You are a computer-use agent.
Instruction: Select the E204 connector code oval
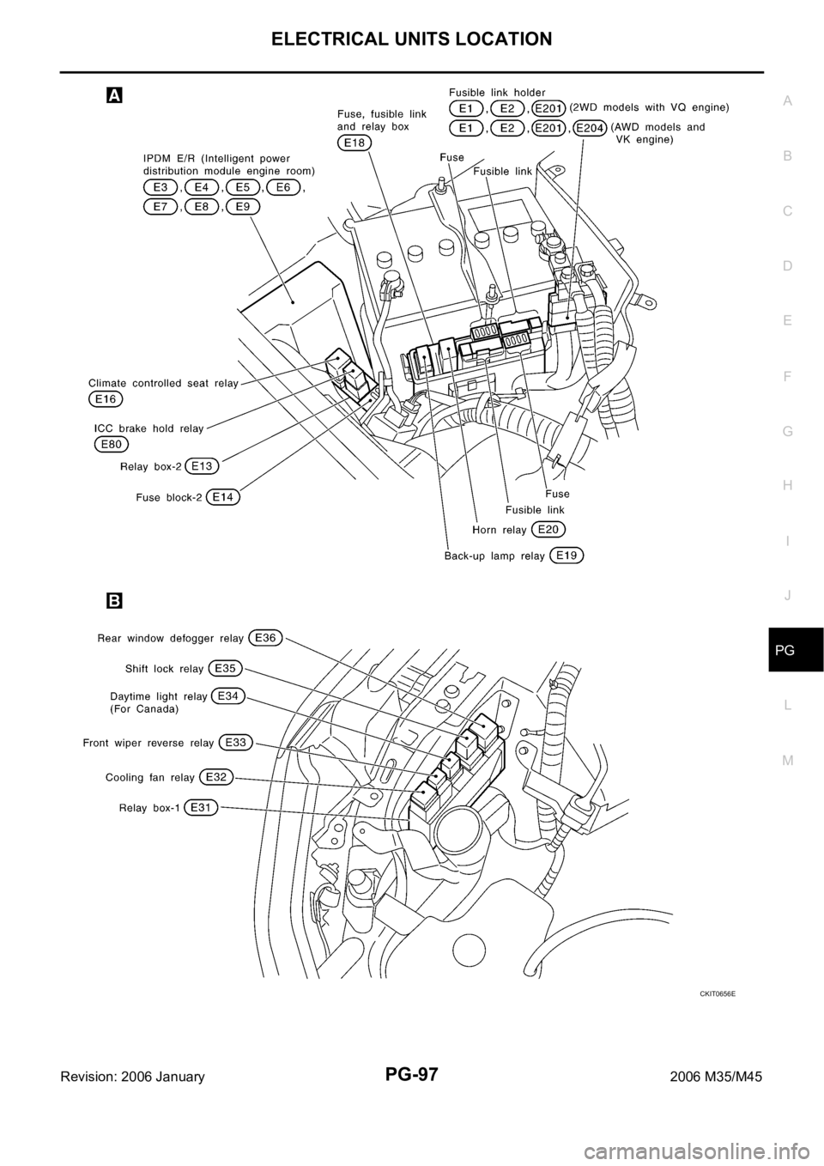[590, 127]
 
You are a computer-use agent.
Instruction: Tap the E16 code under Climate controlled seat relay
[106, 399]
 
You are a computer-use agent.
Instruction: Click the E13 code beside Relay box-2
[202, 466]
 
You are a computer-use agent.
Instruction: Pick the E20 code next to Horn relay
[548, 529]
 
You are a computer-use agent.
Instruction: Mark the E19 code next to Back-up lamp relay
[566, 556]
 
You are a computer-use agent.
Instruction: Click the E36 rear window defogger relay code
[265, 638]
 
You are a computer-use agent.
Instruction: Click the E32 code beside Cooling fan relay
[216, 777]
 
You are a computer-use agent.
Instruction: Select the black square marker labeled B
[113, 601]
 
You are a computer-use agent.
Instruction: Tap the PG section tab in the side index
[788, 652]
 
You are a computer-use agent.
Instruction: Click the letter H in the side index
[788, 485]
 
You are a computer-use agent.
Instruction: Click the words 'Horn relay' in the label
[500, 530]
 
